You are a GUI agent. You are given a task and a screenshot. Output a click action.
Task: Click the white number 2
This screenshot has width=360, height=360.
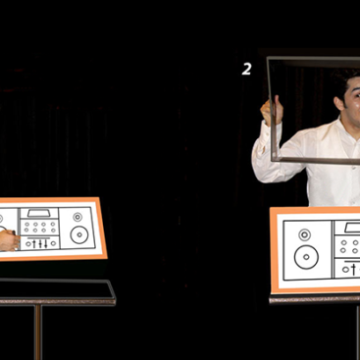click(x=246, y=69)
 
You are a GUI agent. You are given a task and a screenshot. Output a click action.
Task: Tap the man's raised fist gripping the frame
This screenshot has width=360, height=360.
click(x=272, y=110)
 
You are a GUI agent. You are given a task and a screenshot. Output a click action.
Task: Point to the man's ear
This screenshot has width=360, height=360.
click(x=340, y=103)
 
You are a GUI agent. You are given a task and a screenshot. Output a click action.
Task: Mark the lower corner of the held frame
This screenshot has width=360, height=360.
click(x=274, y=159)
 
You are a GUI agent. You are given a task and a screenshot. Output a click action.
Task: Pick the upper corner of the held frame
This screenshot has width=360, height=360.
click(x=269, y=59)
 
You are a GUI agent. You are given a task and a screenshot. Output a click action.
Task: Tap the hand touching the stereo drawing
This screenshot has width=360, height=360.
click(x=9, y=240)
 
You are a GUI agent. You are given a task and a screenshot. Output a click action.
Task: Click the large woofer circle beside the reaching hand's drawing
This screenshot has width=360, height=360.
click(x=79, y=234)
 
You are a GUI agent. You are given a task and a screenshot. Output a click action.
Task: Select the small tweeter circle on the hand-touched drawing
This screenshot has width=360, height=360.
click(x=77, y=217)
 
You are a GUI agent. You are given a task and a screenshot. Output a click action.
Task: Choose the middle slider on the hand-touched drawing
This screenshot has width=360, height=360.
click(x=40, y=243)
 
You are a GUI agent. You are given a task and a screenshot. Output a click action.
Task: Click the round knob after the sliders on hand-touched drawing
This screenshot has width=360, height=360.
click(x=53, y=243)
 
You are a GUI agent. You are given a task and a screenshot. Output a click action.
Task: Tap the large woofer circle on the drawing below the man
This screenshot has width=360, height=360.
click(x=306, y=257)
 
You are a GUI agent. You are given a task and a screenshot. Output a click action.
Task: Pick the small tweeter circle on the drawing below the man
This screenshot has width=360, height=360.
click(x=304, y=234)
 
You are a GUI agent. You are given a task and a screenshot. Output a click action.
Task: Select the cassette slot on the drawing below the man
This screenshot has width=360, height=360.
click(x=352, y=228)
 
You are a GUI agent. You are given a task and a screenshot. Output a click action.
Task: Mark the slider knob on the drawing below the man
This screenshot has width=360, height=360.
click(x=353, y=270)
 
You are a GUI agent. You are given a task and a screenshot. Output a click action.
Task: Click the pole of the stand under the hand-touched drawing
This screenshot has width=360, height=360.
click(x=38, y=332)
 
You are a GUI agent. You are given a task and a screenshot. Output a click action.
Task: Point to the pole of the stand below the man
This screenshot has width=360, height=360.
click(x=358, y=331)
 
